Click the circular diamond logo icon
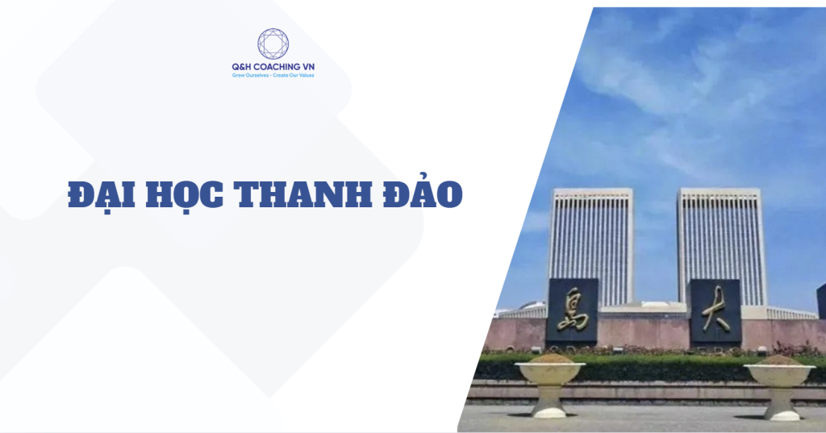coord(273,44)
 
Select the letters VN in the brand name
coord(308,67)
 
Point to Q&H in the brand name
coord(243,67)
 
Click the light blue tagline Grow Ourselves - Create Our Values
coord(273,75)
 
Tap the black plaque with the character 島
coord(572,310)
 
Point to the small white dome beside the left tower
coord(532,305)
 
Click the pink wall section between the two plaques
coord(643,333)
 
